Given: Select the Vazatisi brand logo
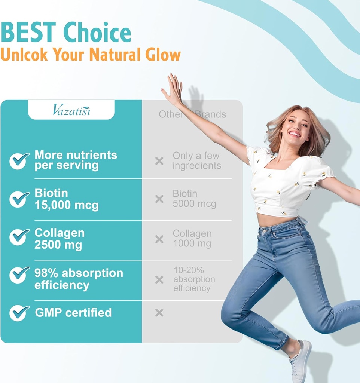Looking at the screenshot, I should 71,110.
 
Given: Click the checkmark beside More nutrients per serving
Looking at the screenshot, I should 19,160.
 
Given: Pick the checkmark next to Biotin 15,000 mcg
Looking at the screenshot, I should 19,199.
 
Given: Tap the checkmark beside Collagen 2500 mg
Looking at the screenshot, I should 19,237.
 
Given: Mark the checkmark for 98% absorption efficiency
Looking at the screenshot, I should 19,275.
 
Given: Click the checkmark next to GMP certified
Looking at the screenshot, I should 19,313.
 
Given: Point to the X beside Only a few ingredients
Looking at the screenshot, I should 159,161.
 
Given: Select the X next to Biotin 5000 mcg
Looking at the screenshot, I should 159,199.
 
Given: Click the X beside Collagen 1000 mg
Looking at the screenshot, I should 159,239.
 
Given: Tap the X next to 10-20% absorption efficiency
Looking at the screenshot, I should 159,279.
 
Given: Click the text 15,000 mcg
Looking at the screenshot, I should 67,206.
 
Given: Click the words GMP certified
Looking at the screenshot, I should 73,313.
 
